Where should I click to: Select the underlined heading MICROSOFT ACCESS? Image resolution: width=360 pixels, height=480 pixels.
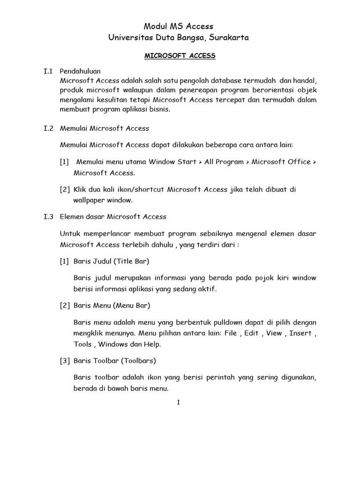point(180,56)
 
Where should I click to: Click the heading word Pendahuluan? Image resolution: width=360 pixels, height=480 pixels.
point(80,72)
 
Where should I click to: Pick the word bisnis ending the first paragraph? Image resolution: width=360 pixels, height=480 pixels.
point(160,110)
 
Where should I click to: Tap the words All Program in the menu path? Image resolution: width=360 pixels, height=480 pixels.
point(225,162)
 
